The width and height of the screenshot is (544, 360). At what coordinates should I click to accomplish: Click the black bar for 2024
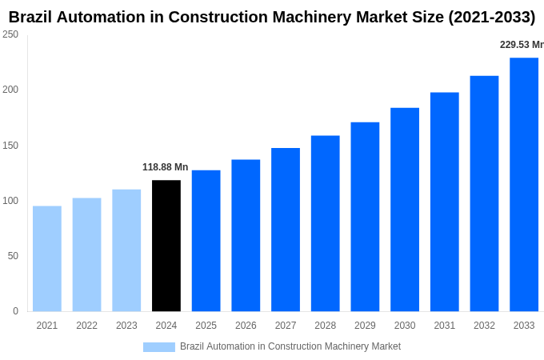click(166, 246)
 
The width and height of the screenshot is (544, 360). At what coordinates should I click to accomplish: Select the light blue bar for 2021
click(47, 258)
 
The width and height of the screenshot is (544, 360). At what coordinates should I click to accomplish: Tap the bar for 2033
click(524, 184)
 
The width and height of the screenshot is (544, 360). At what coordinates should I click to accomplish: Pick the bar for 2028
click(326, 223)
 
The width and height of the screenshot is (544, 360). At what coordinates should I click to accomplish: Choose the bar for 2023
click(126, 250)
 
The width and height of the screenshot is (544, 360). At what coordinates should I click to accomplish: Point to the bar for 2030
click(405, 210)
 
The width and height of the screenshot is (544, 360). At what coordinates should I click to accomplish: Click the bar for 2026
click(246, 235)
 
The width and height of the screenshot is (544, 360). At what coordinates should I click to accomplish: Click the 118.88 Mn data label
click(166, 167)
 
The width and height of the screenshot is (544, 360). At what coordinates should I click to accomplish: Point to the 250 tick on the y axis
click(10, 34)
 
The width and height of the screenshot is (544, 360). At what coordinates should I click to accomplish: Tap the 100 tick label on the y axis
click(10, 201)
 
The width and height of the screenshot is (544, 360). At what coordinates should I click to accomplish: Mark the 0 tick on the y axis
click(15, 311)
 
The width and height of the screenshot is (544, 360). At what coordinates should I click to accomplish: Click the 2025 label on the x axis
click(206, 326)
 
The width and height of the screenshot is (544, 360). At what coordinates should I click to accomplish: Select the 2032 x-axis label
click(484, 326)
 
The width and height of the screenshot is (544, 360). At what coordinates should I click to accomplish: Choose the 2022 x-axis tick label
click(86, 326)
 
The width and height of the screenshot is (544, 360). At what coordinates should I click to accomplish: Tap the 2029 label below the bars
click(365, 326)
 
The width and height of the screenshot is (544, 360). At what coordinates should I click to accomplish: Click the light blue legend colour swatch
click(158, 346)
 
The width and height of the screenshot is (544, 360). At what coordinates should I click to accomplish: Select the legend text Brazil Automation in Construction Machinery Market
click(290, 346)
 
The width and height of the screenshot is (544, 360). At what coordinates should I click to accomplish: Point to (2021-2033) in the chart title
click(488, 17)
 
